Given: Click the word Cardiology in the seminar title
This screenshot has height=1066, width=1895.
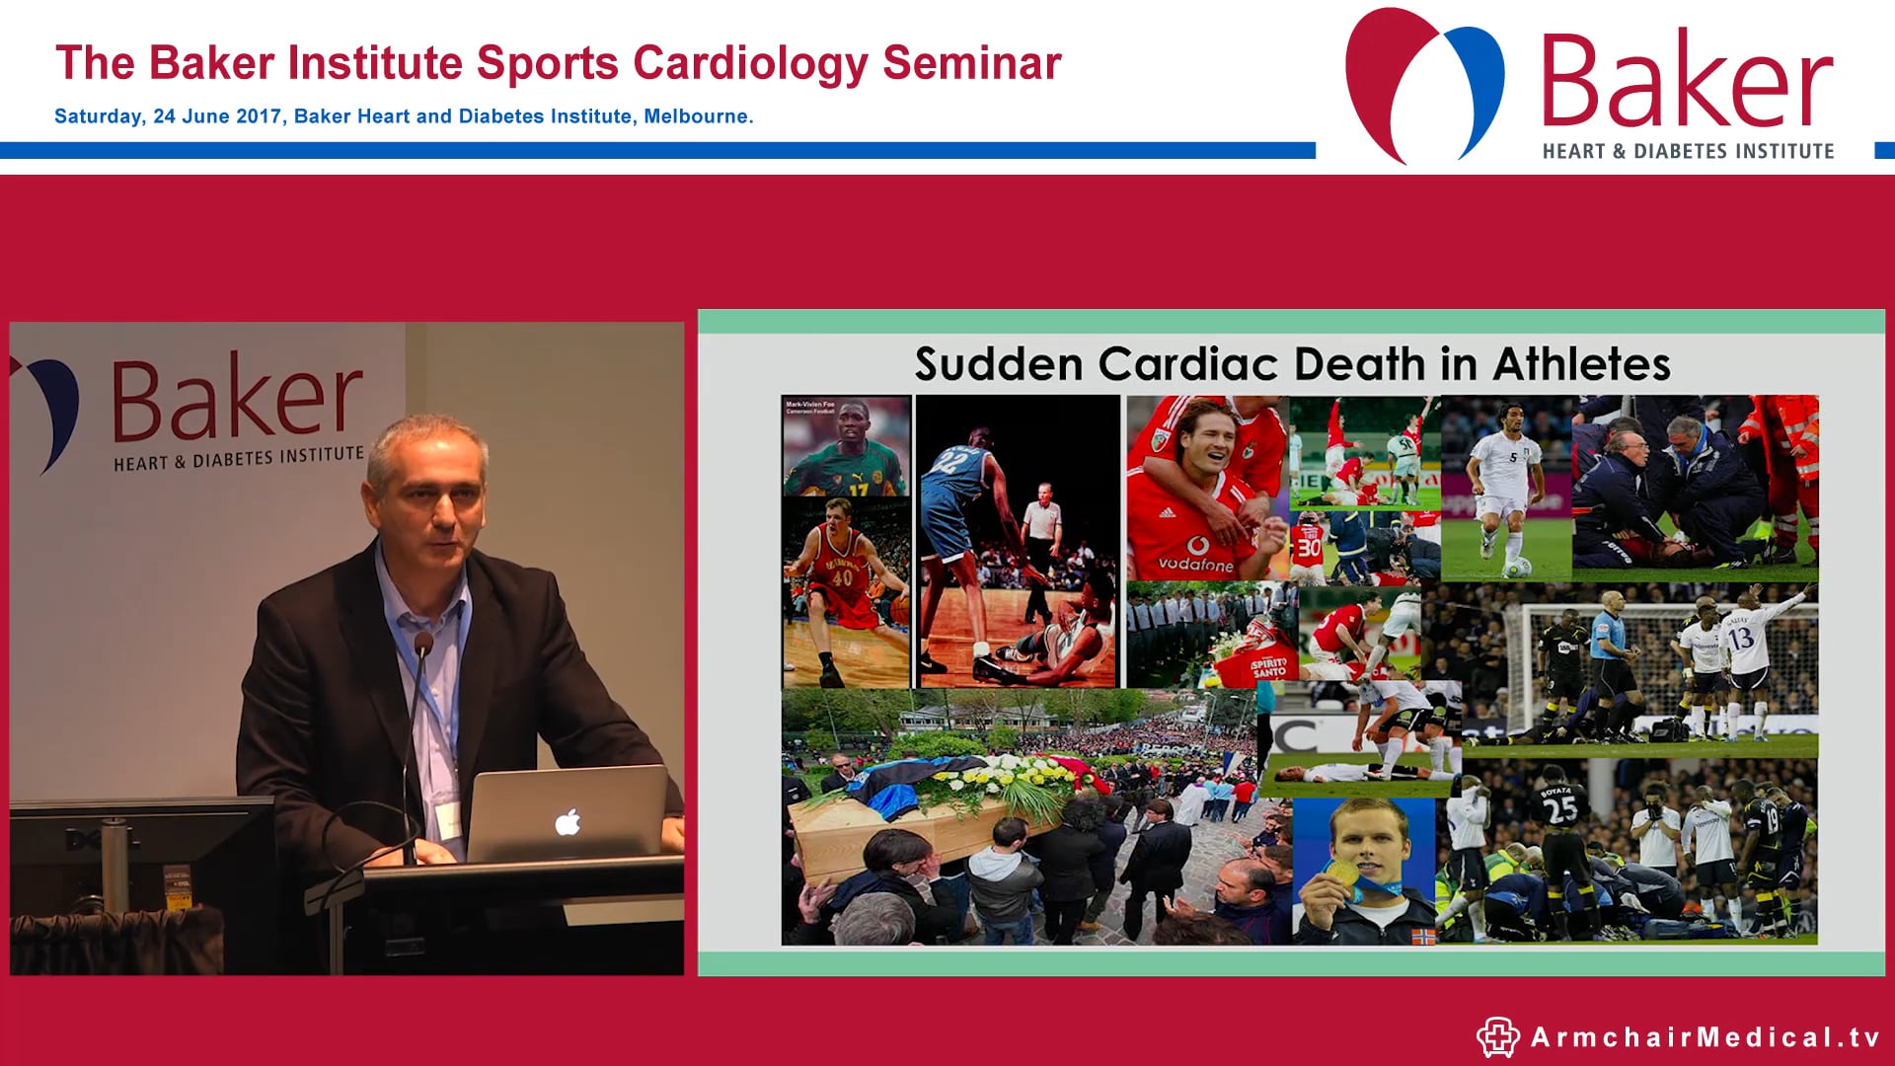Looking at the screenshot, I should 750,64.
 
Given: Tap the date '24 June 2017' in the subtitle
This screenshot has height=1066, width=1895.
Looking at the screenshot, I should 217,116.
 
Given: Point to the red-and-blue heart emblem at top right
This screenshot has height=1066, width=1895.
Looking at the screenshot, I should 1423,85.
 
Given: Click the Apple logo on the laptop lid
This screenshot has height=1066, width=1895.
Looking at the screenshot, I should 568,821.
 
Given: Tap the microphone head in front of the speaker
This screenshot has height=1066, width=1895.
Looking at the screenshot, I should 423,645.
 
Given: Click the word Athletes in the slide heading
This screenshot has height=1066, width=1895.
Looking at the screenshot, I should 1581,364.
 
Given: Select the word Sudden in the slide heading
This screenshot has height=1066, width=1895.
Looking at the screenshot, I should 999,364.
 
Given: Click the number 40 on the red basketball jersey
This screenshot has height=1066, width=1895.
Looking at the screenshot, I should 841,577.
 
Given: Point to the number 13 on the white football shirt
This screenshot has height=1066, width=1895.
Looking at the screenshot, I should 1741,639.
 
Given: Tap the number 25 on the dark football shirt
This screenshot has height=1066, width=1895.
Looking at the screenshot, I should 1559,809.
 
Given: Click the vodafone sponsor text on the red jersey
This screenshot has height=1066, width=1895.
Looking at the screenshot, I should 1195,564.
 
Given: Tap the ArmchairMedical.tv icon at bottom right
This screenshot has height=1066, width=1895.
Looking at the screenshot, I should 1497,1037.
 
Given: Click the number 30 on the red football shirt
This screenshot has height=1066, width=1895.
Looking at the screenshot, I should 1309,548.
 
